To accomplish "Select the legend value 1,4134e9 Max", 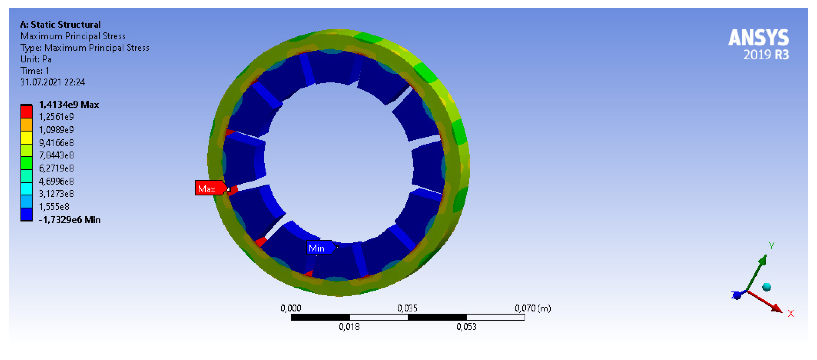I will [68, 104].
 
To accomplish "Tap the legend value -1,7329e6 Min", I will [69, 220].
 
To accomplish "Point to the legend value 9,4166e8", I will [56, 143].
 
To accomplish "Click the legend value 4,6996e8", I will [56, 181].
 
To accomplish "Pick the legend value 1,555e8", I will [54, 207].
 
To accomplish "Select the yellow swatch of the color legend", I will [26, 137].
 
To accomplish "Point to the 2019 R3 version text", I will [766, 55].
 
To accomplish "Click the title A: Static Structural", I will [60, 24].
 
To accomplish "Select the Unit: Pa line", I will [36, 59].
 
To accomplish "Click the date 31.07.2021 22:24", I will [53, 82].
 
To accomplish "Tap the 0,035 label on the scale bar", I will [407, 308].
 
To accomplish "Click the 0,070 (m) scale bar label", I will [533, 308].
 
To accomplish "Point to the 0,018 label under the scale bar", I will [349, 327].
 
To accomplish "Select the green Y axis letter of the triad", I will [771, 245].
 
